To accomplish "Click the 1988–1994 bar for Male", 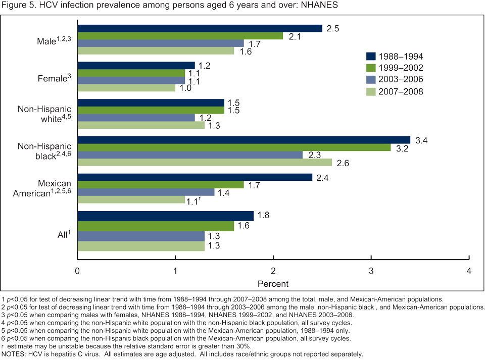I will coord(200,28).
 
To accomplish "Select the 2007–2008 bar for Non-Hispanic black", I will coord(205,163).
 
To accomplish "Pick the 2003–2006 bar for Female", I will coord(131,80).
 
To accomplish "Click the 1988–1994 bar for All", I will coord(166,216).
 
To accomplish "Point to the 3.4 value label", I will coord(422,140).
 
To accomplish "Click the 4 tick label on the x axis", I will coord(469,271).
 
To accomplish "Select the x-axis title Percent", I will coord(273,284).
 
